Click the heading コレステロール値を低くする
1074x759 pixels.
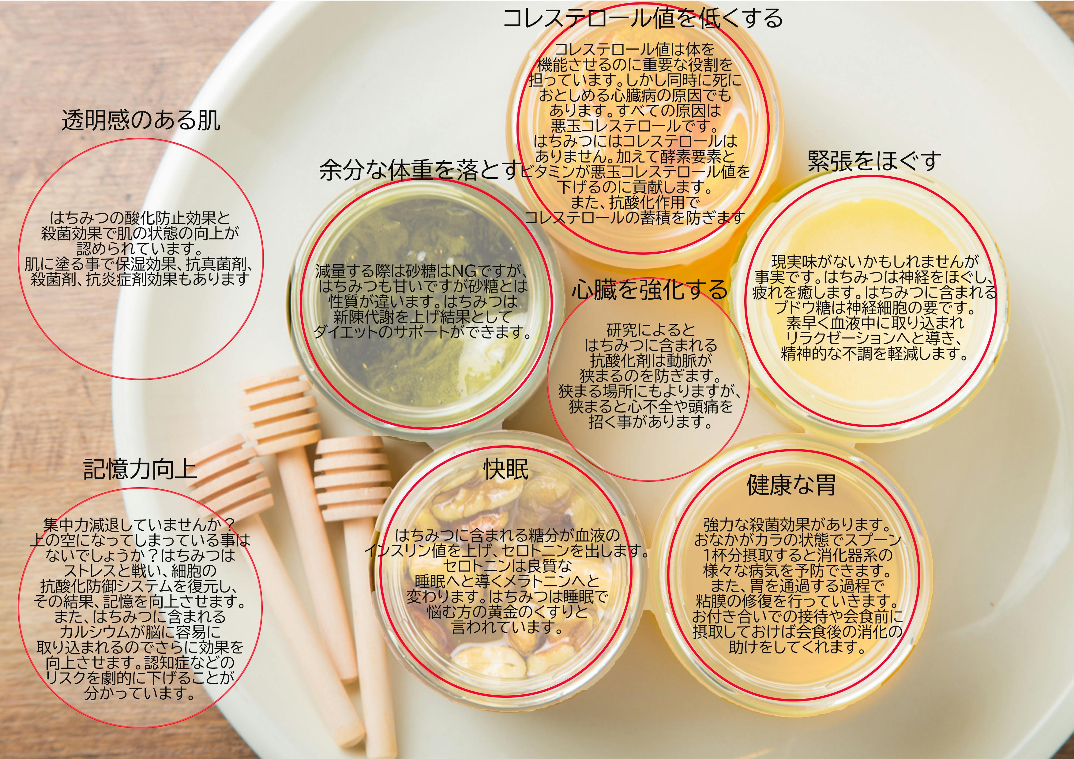(x=642, y=19)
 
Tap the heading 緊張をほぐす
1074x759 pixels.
(x=874, y=161)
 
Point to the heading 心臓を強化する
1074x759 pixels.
(x=649, y=290)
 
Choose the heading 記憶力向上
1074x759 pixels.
(x=140, y=469)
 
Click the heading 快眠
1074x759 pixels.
(x=506, y=469)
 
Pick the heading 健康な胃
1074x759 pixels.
(x=791, y=485)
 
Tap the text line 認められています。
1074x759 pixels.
(x=140, y=248)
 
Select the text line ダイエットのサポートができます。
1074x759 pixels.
(x=422, y=331)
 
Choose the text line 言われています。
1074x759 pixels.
(x=507, y=627)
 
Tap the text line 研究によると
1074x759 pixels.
(x=651, y=330)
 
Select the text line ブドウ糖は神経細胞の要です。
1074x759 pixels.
(x=874, y=308)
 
